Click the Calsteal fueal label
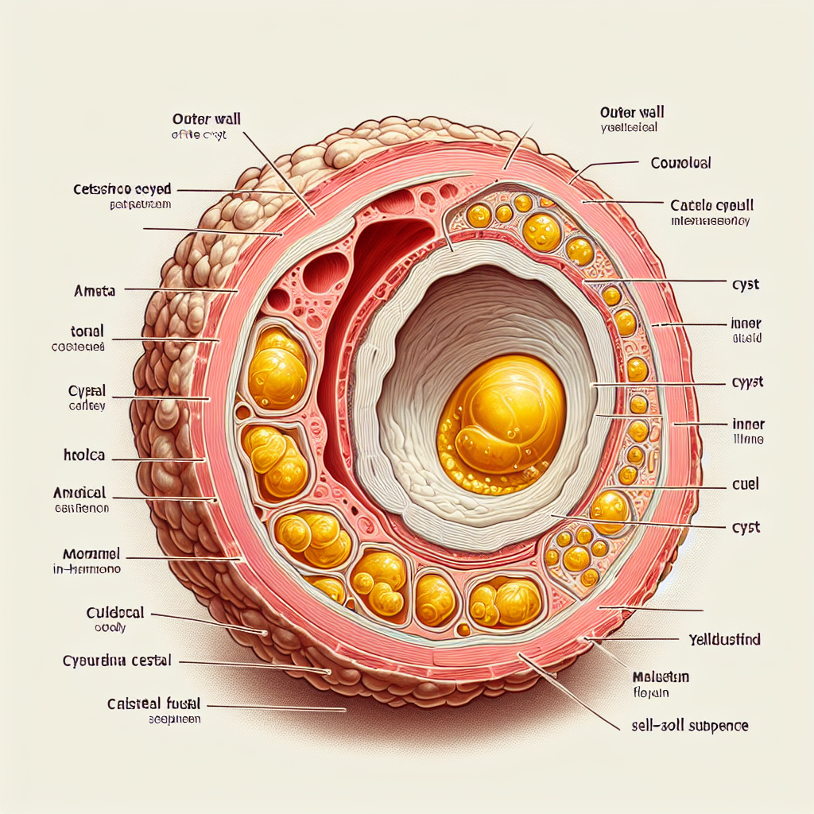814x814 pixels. pos(153,704)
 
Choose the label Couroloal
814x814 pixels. pos(680,163)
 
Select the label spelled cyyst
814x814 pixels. pos(746,382)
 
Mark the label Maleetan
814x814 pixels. pos(660,677)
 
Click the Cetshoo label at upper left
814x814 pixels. pos(123,191)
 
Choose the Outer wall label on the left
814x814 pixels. pos(206,120)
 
